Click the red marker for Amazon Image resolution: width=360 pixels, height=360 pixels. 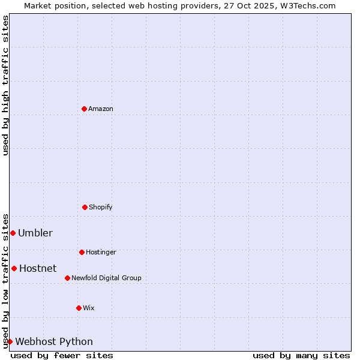click(x=84, y=109)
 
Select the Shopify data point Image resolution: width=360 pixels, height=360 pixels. click(x=85, y=207)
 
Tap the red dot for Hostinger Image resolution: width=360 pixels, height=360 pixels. click(x=82, y=252)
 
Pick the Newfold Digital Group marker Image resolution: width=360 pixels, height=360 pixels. click(x=67, y=278)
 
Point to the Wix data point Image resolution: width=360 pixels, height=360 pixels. click(x=79, y=308)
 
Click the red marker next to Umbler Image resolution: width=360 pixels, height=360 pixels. click(x=13, y=233)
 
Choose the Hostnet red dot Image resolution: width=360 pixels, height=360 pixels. click(x=14, y=268)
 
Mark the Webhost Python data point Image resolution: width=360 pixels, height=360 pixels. click(x=10, y=341)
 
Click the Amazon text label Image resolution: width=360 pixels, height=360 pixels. click(x=101, y=109)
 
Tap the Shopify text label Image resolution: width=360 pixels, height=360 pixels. click(x=101, y=207)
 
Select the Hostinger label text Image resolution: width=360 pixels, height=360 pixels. click(x=101, y=252)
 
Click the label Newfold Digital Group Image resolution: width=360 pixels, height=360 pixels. click(x=106, y=278)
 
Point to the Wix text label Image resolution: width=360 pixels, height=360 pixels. click(x=89, y=308)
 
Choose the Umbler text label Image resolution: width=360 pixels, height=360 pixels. click(x=35, y=233)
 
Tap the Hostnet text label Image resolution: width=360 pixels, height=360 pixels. click(x=38, y=268)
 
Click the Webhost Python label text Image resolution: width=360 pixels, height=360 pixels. click(x=54, y=341)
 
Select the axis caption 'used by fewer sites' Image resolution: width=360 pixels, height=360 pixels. click(x=62, y=355)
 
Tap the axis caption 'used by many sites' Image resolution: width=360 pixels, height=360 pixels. click(x=301, y=355)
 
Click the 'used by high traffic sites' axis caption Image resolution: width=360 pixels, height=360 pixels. click(x=5, y=85)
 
